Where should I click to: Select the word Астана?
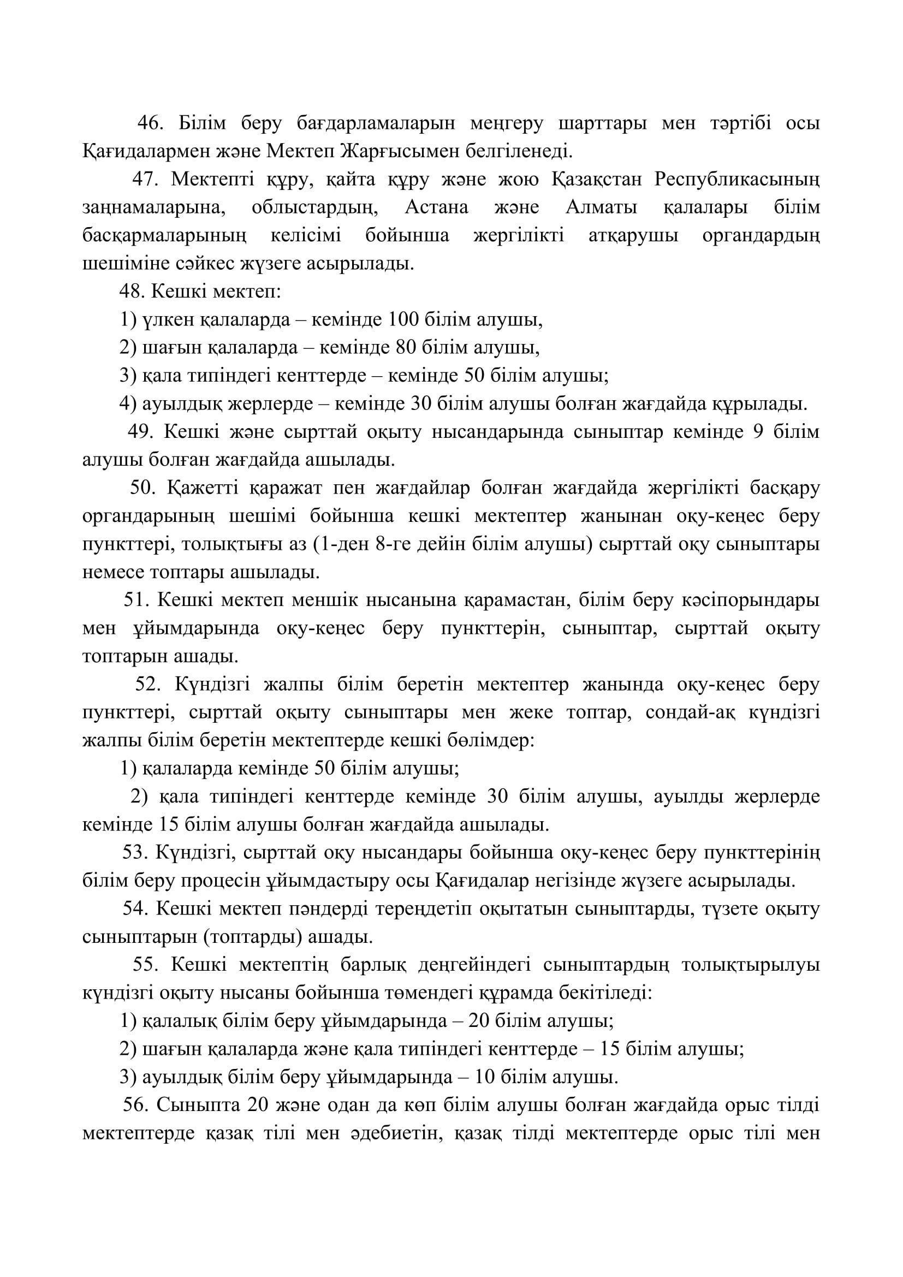[x=437, y=208]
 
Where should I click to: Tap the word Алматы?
[x=601, y=208]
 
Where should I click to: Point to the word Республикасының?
[x=736, y=180]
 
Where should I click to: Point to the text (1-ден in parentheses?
[x=344, y=544]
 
